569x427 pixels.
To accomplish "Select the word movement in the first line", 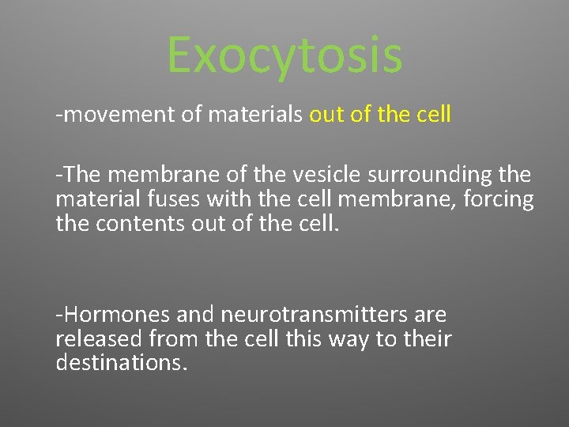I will tap(119, 115).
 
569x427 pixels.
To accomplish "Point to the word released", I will tap(98, 339).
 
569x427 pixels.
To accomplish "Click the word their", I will tap(428, 339).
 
